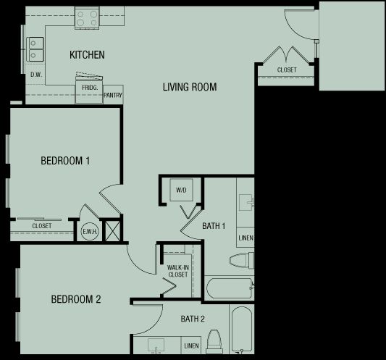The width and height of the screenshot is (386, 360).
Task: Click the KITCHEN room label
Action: pyautogui.click(x=87, y=54)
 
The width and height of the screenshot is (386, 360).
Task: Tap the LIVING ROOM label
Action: pyautogui.click(x=190, y=87)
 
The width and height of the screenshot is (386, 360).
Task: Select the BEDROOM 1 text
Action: pyautogui.click(x=65, y=161)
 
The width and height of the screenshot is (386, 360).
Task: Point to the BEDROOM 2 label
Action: pyautogui.click(x=76, y=299)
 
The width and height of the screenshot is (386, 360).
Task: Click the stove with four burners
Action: pyautogui.click(x=87, y=18)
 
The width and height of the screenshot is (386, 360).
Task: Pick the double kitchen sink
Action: pyautogui.click(x=35, y=49)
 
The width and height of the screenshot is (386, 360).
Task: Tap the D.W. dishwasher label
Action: pyautogui.click(x=36, y=75)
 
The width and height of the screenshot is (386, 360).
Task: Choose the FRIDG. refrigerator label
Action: pyautogui.click(x=90, y=88)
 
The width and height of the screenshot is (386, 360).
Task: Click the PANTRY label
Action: pyautogui.click(x=113, y=95)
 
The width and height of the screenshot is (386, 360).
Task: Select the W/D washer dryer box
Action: pyautogui.click(x=182, y=190)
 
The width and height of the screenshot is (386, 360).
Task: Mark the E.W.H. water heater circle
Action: pyautogui.click(x=90, y=232)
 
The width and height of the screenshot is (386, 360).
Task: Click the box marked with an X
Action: pyautogui.click(x=113, y=231)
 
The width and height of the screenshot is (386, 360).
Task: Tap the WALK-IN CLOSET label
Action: pyautogui.click(x=178, y=271)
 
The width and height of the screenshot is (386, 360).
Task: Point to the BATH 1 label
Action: pyautogui.click(x=214, y=226)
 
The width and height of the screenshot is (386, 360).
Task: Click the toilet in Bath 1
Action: pyautogui.click(x=241, y=260)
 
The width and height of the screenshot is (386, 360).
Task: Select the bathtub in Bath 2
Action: pyautogui.click(x=242, y=329)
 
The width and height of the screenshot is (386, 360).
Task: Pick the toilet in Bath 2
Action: pyautogui.click(x=214, y=342)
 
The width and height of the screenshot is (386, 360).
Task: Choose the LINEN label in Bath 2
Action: pyautogui.click(x=191, y=346)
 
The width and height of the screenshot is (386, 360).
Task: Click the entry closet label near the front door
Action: pyautogui.click(x=287, y=70)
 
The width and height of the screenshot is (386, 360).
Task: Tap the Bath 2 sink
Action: pyautogui.click(x=156, y=346)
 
